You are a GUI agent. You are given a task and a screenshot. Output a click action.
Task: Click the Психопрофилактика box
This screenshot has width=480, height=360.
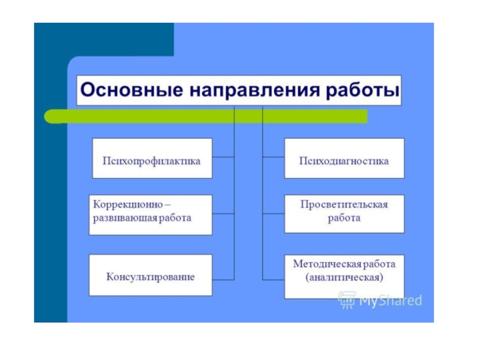click(x=152, y=158)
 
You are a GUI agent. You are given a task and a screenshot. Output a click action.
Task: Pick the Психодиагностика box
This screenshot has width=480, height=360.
click(x=344, y=158)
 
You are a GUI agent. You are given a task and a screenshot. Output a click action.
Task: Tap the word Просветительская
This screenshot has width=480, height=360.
click(x=344, y=204)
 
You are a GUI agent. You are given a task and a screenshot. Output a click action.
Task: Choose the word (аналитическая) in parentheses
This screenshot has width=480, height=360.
click(x=344, y=278)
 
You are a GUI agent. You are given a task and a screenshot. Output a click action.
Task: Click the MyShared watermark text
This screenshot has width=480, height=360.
click(x=390, y=301)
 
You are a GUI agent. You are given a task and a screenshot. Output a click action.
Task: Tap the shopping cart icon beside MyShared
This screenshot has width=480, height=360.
click(x=346, y=299)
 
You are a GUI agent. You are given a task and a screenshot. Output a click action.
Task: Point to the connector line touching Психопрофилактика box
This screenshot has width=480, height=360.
click(x=223, y=158)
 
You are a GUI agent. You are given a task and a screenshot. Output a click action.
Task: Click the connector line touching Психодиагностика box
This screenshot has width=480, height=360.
click(x=274, y=158)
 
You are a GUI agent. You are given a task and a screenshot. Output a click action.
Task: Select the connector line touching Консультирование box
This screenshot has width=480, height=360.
click(x=223, y=279)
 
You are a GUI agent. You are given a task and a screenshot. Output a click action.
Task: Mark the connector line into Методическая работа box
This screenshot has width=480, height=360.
click(x=274, y=279)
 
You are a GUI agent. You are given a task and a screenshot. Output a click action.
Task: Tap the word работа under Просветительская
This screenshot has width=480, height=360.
click(x=344, y=218)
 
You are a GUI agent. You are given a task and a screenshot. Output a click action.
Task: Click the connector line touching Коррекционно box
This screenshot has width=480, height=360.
click(x=223, y=214)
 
